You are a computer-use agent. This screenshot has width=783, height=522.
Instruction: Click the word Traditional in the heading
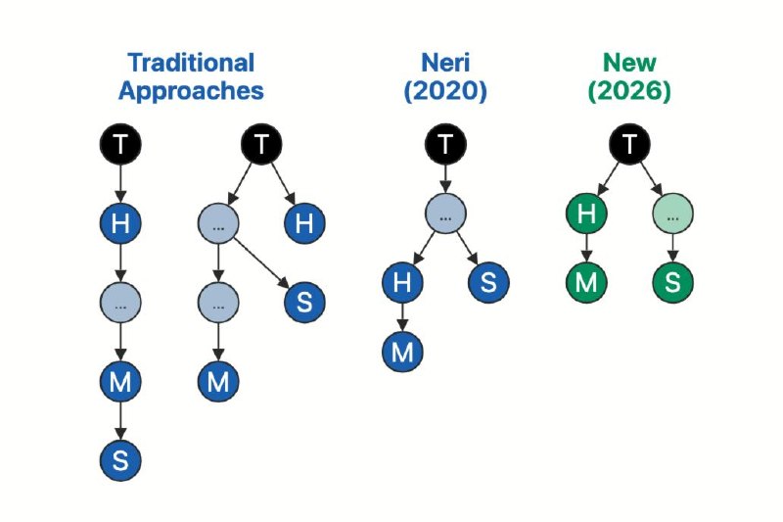pyautogui.click(x=191, y=63)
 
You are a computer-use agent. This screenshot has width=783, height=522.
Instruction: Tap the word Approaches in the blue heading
pyautogui.click(x=191, y=91)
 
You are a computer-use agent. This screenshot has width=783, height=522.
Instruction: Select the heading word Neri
pyautogui.click(x=445, y=63)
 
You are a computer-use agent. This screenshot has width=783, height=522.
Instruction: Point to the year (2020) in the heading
pyautogui.click(x=445, y=91)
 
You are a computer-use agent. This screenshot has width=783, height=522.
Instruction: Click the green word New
pyautogui.click(x=629, y=63)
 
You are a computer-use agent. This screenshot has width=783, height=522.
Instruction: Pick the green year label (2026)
pyautogui.click(x=629, y=91)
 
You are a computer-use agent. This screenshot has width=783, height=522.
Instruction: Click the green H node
pyautogui.click(x=586, y=214)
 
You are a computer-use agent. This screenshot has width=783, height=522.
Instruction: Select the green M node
pyautogui.click(x=586, y=282)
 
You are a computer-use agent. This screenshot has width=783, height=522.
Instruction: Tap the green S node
pyautogui.click(x=672, y=282)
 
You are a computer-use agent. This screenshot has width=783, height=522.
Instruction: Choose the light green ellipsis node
pyautogui.click(x=672, y=214)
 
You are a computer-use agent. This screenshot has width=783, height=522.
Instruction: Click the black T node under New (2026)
pyautogui.click(x=629, y=144)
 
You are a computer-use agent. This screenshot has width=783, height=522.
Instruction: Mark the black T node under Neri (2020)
pyautogui.click(x=445, y=144)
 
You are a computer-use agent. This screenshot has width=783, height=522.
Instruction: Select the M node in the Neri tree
pyautogui.click(x=402, y=352)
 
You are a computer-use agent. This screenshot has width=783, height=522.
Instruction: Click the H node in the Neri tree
pyautogui.click(x=402, y=282)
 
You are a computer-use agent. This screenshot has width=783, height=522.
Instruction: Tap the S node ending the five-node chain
pyautogui.click(x=120, y=460)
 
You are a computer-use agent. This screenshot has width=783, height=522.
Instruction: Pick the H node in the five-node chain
pyautogui.click(x=120, y=222)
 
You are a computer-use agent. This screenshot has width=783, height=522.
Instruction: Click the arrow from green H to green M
pyautogui.click(x=586, y=248)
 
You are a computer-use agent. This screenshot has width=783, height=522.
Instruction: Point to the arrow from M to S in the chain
pyautogui.click(x=120, y=421)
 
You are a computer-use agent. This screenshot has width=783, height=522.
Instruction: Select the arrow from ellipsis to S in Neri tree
pyautogui.click(x=468, y=248)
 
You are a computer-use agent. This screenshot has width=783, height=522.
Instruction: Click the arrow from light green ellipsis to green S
pyautogui.click(x=672, y=248)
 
